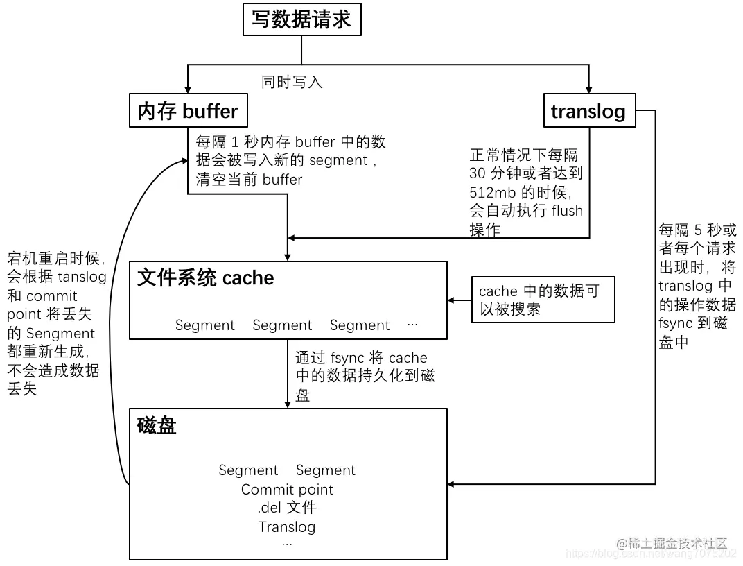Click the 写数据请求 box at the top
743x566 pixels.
tap(301, 19)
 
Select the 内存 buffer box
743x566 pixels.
tap(188, 111)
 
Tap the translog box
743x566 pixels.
tap(588, 111)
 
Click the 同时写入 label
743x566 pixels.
tap(292, 82)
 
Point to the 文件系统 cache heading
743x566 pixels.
tap(206, 278)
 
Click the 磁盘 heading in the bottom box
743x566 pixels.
tap(157, 425)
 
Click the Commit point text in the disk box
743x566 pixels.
tap(287, 490)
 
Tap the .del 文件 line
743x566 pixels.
tap(287, 508)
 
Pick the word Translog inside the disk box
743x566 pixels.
tap(287, 526)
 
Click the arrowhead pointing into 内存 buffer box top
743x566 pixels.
tap(188, 91)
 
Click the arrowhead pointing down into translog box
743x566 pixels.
tap(588, 91)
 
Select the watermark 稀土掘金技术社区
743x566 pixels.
tap(672, 542)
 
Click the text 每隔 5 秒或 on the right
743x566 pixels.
tap(697, 230)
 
